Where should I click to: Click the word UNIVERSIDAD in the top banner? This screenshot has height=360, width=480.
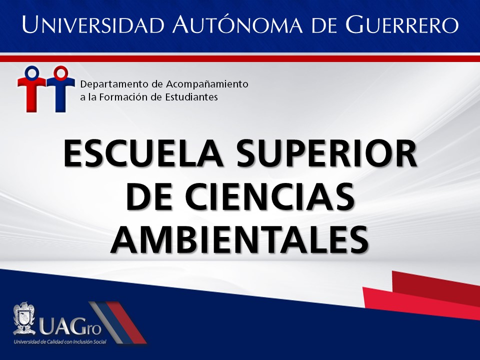(93, 24)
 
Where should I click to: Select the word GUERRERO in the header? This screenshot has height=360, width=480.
(402, 24)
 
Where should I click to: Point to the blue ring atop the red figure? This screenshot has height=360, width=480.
(32, 72)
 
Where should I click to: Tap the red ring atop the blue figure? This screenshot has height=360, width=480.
(60, 72)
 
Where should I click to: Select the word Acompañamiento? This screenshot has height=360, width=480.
(207, 84)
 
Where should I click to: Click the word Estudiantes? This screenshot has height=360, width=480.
(191, 97)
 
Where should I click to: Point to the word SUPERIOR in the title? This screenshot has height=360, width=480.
(326, 153)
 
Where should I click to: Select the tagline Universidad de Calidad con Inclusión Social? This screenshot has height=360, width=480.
(60, 341)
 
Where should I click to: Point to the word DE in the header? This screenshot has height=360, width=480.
(324, 25)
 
